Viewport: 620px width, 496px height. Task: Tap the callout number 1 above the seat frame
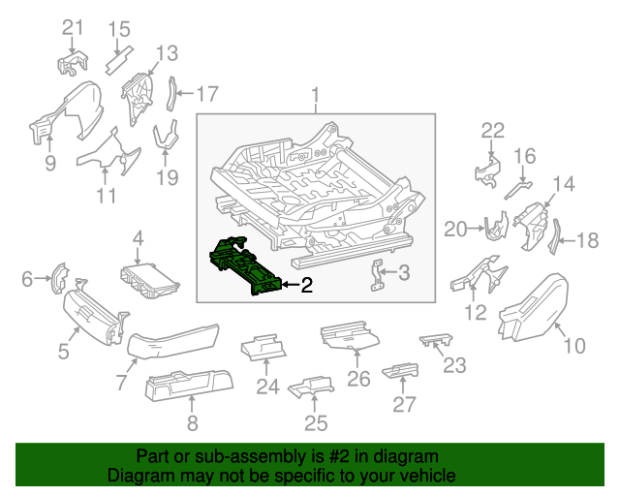coord(315,96)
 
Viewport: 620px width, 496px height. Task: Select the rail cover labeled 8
coord(189,388)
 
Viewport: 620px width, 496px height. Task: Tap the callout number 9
coord(49,164)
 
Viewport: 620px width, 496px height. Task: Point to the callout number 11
coord(107,196)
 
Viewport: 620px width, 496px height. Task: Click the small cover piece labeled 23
coord(436,340)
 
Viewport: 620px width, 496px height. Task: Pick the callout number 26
coord(358,378)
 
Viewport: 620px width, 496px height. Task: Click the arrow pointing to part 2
coord(288,285)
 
